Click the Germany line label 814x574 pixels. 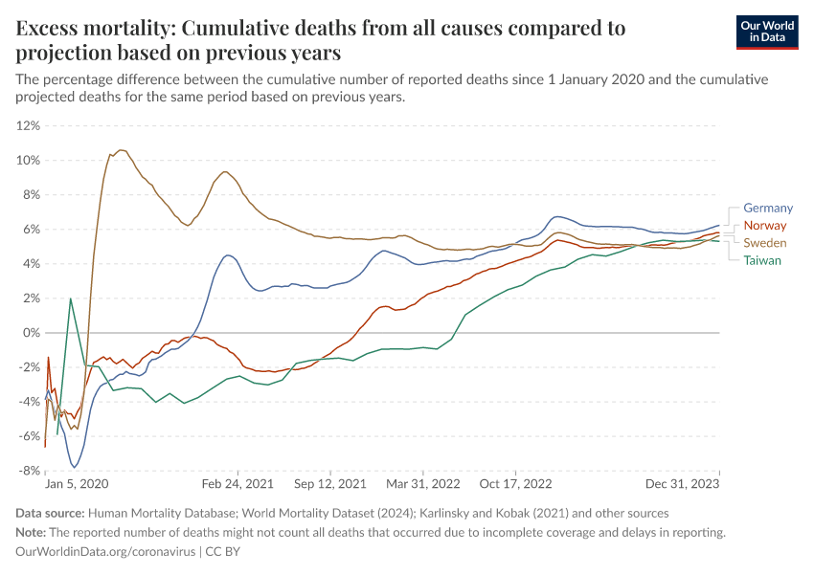pos(768,208)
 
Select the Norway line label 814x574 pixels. pos(764,226)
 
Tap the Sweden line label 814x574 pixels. pos(765,243)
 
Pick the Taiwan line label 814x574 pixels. pos(762,260)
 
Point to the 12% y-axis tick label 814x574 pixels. pos(28,125)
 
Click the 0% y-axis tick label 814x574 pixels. pos(32,333)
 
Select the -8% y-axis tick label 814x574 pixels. pos(29,471)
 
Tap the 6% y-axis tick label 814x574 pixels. pos(32,230)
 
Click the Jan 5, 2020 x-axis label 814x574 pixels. pos(77,485)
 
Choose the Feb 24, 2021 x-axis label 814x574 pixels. pos(234,485)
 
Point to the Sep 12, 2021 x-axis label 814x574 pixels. pos(330,485)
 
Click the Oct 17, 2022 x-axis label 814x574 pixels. pos(516,485)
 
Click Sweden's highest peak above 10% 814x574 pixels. pos(121,149)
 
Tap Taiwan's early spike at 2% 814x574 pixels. pos(71,298)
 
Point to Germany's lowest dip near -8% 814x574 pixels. pos(75,467)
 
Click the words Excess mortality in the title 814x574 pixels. pos(91,29)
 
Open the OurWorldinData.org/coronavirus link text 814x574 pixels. pos(106,552)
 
